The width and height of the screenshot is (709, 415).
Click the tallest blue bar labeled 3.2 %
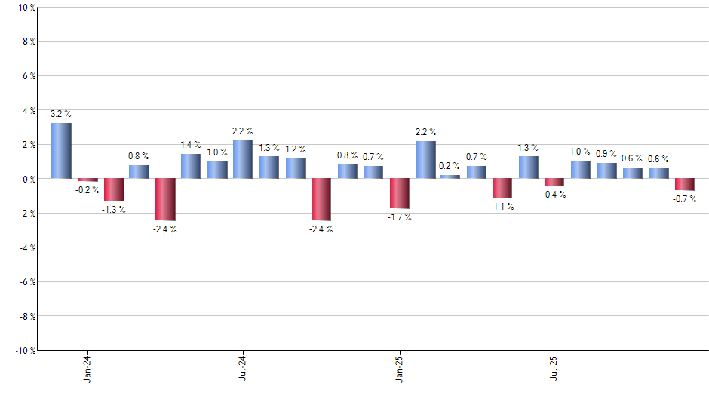pos(61,151)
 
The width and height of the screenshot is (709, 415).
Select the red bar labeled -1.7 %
pos(399,193)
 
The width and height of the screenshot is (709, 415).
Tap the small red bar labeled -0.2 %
pos(87,180)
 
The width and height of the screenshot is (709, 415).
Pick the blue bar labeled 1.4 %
pos(191,166)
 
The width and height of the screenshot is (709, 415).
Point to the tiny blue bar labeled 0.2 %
pos(450,177)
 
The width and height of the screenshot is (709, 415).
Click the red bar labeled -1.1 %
pos(502,188)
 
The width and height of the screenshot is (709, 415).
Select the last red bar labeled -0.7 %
pos(684,184)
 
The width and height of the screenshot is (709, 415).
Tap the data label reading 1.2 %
pos(295,149)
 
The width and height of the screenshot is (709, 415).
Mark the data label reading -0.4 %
pos(554,194)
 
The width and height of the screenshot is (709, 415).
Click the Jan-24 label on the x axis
pos(88,368)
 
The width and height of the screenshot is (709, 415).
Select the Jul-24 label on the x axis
pos(243,368)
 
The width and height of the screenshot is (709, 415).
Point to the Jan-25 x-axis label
pos(399,368)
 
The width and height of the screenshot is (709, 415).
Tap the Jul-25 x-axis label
pos(554,368)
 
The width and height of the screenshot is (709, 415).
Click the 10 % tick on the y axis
pos(25,8)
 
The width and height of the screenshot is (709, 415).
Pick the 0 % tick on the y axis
pos(27,179)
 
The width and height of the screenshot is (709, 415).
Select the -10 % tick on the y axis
pos(23,350)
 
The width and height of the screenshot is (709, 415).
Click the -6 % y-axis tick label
pos(26,281)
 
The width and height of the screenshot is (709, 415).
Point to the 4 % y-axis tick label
pos(27,110)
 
